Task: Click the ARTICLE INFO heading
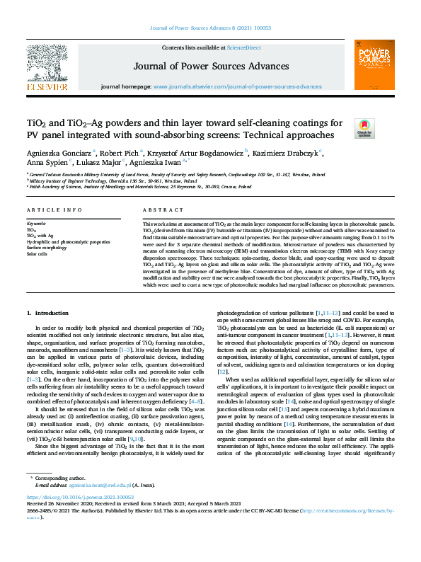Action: (x=50, y=211)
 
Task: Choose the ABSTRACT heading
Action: (x=158, y=211)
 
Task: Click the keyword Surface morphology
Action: (x=47, y=248)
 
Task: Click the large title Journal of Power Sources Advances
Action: (x=210, y=68)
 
